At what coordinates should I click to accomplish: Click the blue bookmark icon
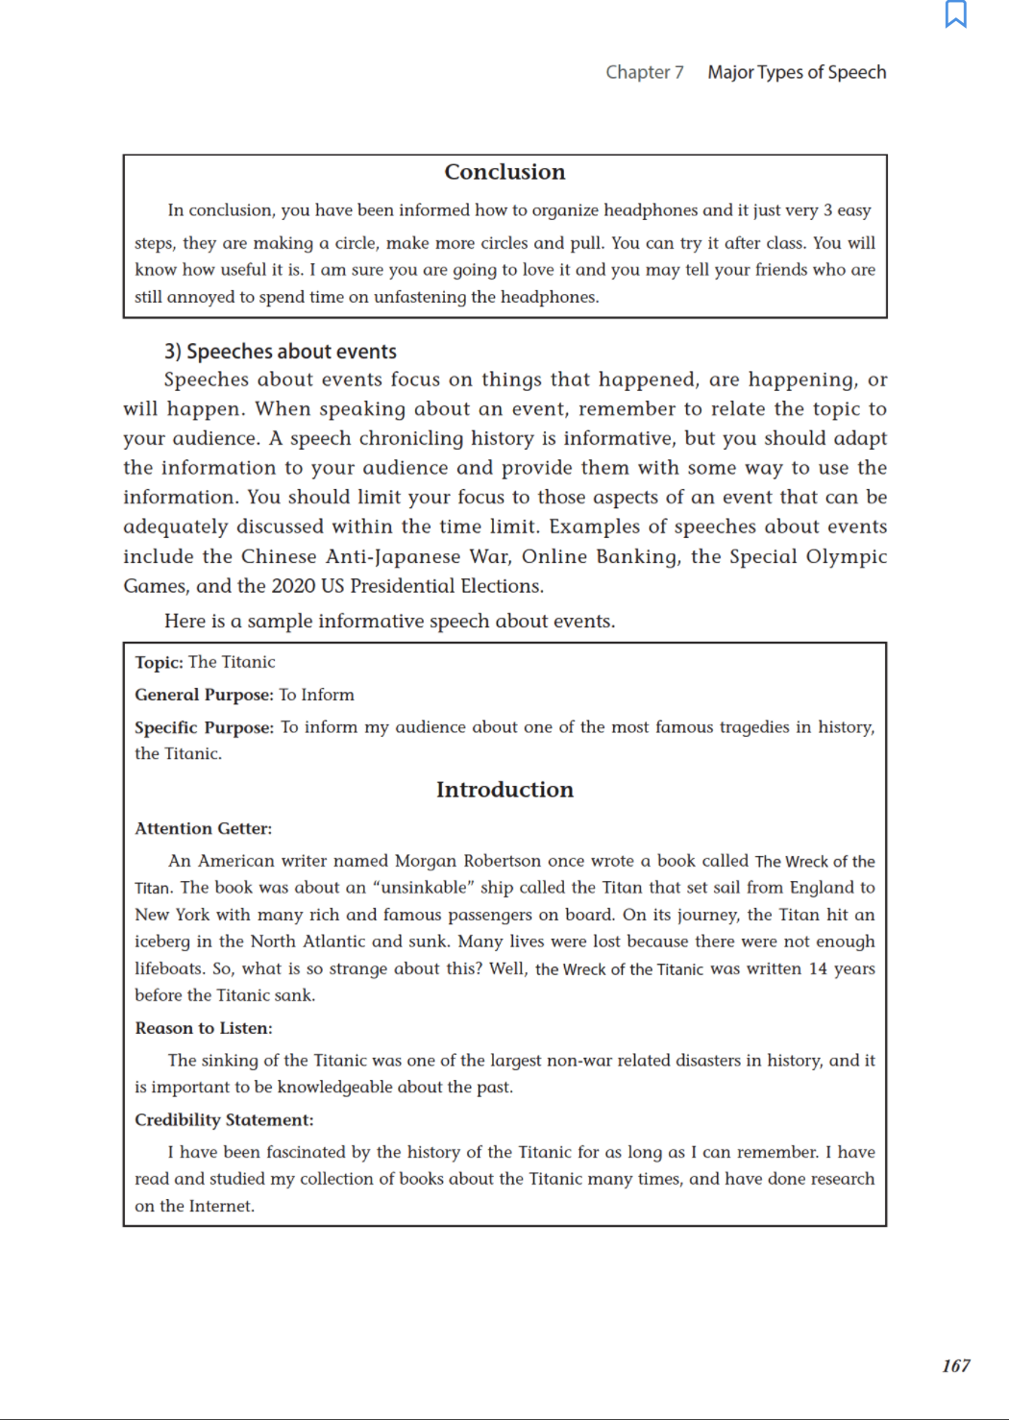(955, 14)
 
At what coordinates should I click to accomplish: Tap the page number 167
(955, 1365)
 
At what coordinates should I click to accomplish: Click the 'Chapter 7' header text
(644, 72)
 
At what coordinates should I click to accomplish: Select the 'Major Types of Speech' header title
(797, 72)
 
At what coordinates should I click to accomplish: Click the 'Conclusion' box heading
(504, 172)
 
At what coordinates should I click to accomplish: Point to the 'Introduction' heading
(504, 790)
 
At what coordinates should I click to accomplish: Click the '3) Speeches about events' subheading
(281, 352)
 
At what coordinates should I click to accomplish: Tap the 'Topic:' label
(159, 662)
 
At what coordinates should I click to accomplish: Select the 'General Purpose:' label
(204, 695)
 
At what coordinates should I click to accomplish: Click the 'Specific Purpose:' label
(204, 727)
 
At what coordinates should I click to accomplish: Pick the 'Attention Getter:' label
(203, 828)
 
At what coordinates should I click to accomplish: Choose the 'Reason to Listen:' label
(203, 1028)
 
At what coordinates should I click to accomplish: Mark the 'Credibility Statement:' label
(224, 1119)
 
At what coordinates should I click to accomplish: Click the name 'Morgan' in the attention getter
(425, 861)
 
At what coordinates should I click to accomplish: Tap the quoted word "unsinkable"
(423, 887)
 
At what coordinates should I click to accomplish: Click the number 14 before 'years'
(818, 968)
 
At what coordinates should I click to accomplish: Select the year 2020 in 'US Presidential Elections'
(293, 586)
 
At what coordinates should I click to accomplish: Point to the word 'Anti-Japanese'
(392, 557)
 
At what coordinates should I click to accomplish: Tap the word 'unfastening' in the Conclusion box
(419, 297)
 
